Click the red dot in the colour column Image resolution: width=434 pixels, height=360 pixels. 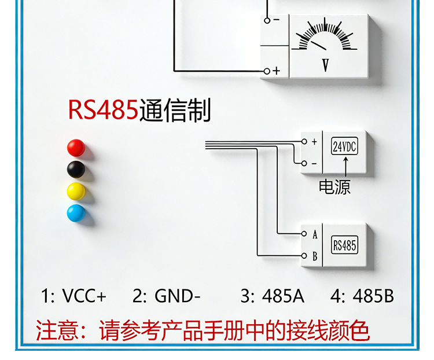(76, 148)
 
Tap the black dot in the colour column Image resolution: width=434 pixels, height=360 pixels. (76, 170)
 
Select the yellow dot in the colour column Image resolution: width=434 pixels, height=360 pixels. (76, 191)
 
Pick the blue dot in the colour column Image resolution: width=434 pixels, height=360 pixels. (76, 213)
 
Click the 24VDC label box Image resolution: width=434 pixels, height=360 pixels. (344, 147)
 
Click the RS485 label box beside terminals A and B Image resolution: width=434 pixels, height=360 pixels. (344, 245)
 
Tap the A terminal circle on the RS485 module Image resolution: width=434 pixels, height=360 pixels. (304, 234)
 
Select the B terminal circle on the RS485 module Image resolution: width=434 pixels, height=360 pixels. (304, 255)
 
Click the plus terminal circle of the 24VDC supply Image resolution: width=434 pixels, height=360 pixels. (303, 141)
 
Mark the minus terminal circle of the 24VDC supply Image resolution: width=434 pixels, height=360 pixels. (303, 164)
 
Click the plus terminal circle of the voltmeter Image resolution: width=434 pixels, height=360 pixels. (267, 71)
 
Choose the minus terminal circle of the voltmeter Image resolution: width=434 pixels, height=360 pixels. (267, 20)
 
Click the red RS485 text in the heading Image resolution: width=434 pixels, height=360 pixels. (104, 110)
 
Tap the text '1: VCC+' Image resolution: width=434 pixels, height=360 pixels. (73, 296)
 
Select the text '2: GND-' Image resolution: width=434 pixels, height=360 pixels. (166, 296)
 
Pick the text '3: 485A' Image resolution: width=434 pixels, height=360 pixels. (272, 296)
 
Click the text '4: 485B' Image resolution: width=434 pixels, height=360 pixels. (362, 296)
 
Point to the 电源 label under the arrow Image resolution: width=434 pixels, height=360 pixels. (335, 187)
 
